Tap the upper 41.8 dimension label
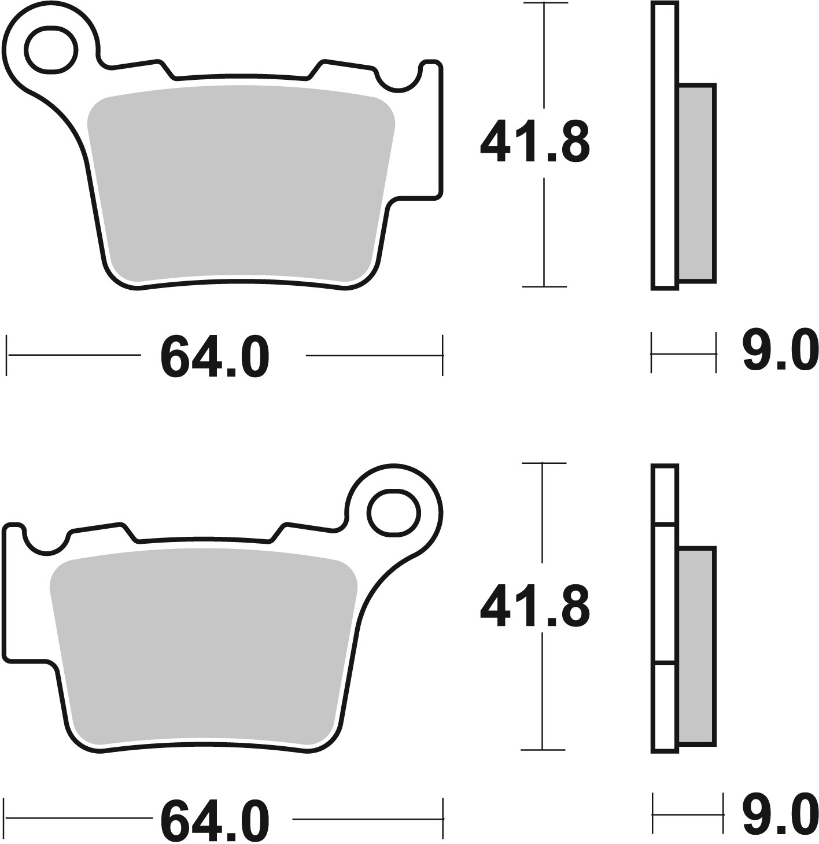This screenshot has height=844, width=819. click(x=534, y=142)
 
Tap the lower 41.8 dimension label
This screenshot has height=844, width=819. click(x=534, y=605)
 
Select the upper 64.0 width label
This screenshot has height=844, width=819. click(x=215, y=356)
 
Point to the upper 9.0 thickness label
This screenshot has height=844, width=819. click(x=780, y=350)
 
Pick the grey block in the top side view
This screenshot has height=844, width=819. click(x=697, y=183)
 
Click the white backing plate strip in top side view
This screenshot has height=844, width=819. click(x=664, y=145)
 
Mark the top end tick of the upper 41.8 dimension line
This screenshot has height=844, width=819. click(x=544, y=4)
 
